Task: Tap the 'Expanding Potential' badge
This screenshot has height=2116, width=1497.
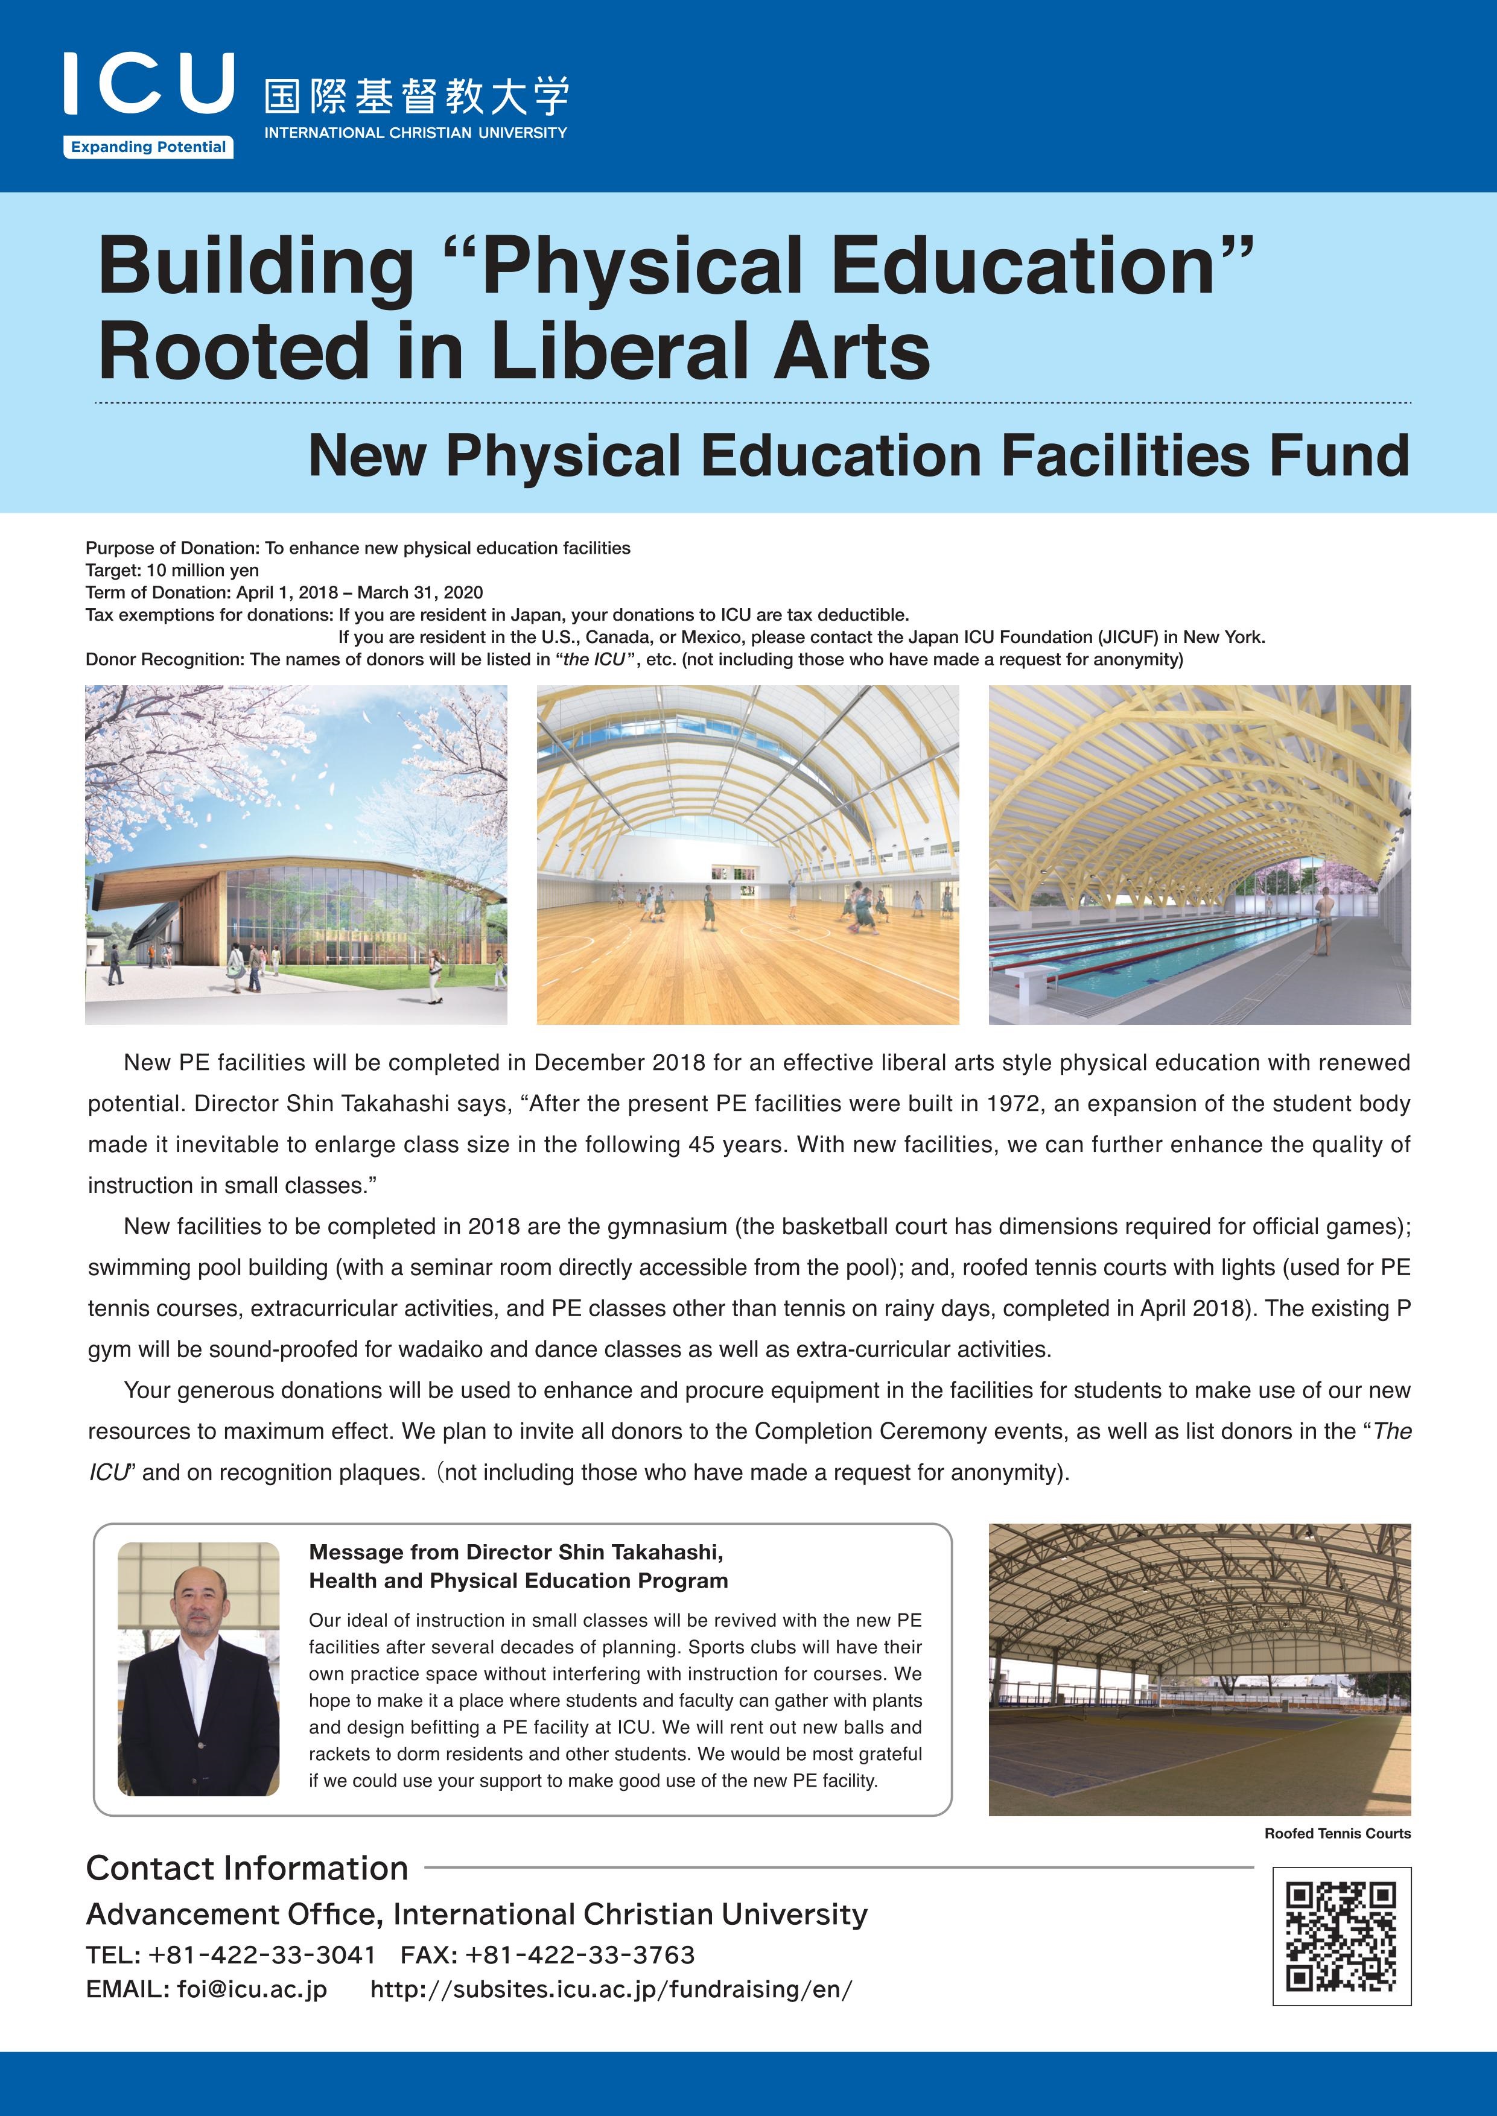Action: point(148,147)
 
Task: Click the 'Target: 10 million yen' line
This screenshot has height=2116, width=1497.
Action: point(173,571)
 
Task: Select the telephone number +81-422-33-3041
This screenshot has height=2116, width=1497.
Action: point(262,1955)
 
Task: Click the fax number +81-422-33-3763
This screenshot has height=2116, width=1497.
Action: point(580,1955)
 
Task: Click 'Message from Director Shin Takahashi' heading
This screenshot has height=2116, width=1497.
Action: point(516,1552)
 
